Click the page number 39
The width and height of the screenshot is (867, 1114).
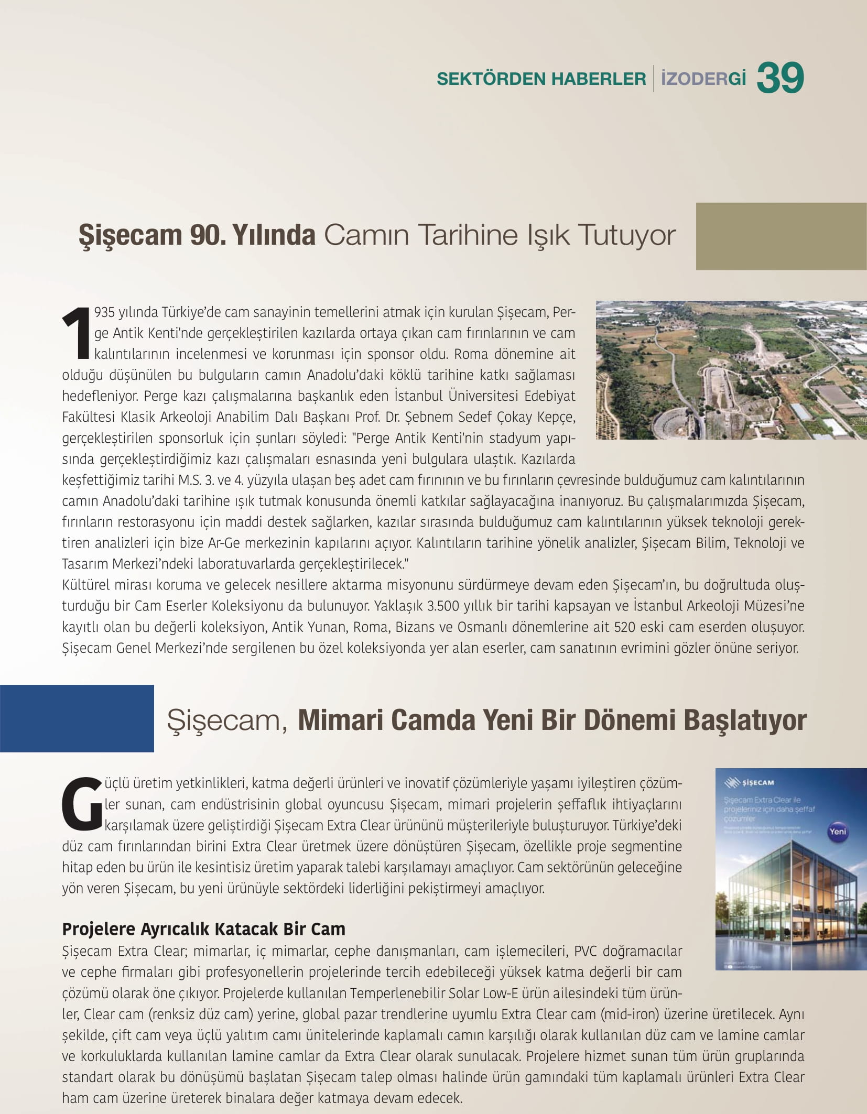(780, 78)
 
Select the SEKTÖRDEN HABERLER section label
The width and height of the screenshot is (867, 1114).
(541, 79)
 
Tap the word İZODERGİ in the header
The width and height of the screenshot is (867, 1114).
(703, 79)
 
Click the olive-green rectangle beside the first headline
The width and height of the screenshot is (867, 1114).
(781, 236)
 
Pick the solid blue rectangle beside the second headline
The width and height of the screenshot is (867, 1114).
(77, 718)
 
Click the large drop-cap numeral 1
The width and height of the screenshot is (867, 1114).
(77, 334)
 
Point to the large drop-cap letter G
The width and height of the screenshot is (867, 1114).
(81, 805)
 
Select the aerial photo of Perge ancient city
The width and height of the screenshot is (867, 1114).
(731, 370)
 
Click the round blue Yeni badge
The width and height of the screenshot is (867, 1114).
(838, 832)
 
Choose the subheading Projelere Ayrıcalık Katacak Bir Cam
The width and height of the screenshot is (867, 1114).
(203, 929)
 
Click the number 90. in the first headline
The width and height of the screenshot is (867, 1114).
(208, 235)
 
